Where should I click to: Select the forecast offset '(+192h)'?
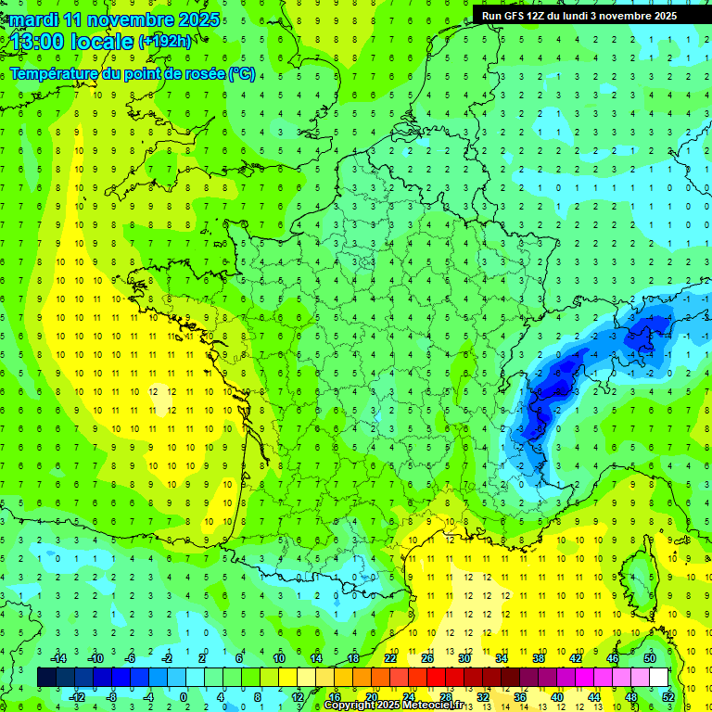click(165, 42)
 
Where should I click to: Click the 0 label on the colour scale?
click(183, 696)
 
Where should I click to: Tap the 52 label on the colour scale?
click(667, 696)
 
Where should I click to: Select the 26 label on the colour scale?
click(426, 658)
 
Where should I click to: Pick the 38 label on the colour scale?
click(537, 658)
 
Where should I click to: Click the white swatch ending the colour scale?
click(658, 678)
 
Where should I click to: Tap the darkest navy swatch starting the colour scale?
click(46, 678)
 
